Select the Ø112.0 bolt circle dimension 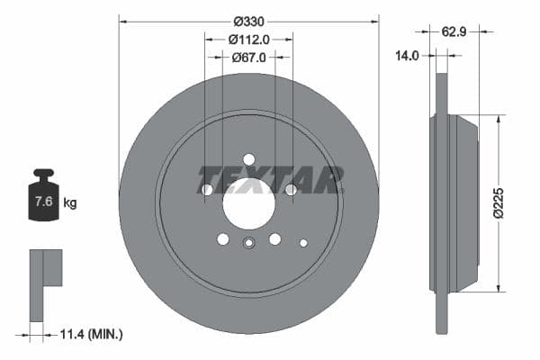point(248,39)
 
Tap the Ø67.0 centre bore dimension point(248,58)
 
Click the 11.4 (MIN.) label point(92,334)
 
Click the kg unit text point(70,202)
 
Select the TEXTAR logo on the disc point(271,178)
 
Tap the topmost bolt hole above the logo point(249,159)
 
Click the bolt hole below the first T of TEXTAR point(207,190)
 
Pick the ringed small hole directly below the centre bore point(249,241)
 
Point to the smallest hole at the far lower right point(303,242)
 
